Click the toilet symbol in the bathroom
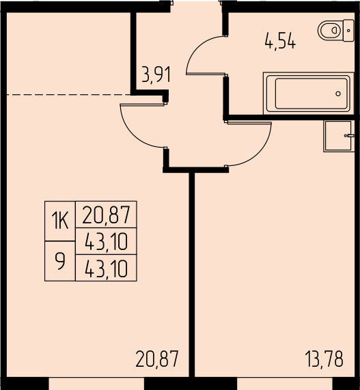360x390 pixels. [335, 30]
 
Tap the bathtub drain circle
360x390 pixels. [338, 94]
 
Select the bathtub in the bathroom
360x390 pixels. [309, 94]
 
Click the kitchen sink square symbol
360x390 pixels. [339, 136]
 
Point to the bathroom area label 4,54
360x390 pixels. [280, 42]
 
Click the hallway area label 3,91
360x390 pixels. [156, 74]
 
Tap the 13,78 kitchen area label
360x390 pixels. [324, 359]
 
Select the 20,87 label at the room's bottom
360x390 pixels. [157, 359]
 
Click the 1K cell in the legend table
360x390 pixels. [60, 221]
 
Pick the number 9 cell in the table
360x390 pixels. [60, 261]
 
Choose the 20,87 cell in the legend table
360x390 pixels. [106, 214]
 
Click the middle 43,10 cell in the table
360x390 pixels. [106, 241]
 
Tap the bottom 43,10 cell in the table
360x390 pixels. [106, 268]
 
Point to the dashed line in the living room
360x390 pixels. [69, 94]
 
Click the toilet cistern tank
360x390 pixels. [348, 30]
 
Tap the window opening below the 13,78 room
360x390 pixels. [285, 384]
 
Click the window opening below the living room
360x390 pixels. [96, 384]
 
